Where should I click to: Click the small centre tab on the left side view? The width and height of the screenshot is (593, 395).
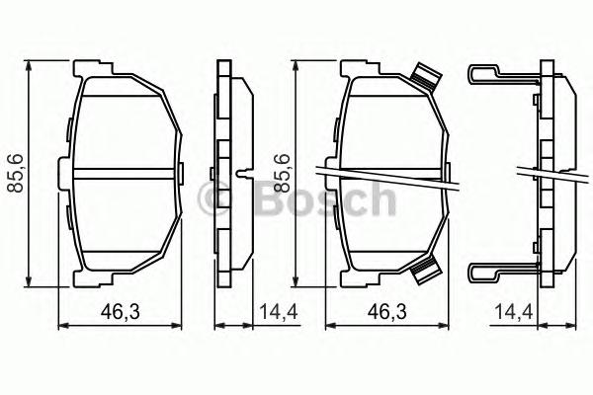click(242, 176)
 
